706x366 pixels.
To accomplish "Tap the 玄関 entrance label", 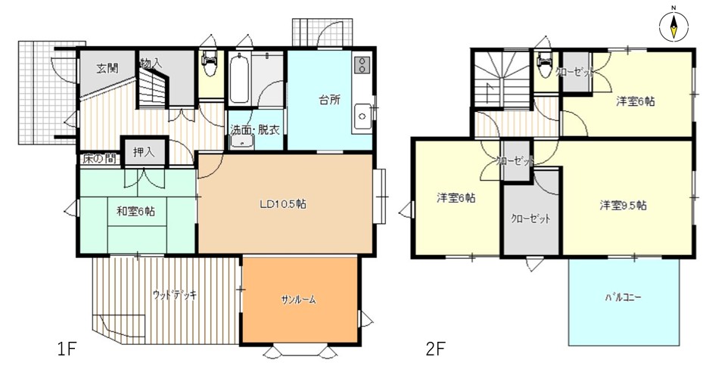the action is tap(107, 68).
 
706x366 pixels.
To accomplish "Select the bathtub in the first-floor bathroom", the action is tap(238, 79).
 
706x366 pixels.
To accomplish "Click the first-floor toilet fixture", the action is tap(209, 64).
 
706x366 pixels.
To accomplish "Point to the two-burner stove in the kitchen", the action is tap(361, 65).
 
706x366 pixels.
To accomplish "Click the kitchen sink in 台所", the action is tap(362, 116).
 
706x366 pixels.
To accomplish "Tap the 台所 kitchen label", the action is tap(330, 100).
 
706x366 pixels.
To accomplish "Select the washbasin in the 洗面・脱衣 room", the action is tap(242, 143).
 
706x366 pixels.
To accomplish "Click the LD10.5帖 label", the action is tap(283, 204).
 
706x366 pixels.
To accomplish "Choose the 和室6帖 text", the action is tap(135, 211).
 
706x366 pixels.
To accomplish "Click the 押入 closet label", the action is tap(144, 152).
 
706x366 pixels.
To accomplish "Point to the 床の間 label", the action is tap(99, 159).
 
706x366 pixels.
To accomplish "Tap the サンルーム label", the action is tap(299, 299).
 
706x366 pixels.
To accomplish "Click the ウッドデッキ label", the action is tap(175, 296).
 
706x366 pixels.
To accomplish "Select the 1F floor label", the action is tap(67, 349).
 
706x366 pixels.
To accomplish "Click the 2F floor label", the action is tap(435, 349).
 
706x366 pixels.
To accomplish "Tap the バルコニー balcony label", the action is tap(624, 298).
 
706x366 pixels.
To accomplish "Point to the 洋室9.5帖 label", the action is tap(624, 205).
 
